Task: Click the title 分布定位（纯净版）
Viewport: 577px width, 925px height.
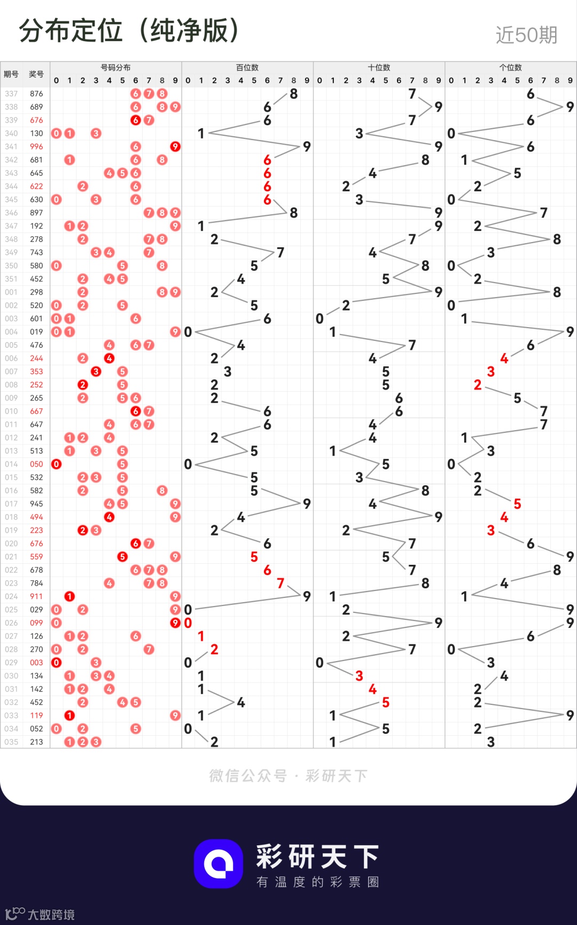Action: pos(129,31)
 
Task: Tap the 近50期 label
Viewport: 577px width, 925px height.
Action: pos(526,35)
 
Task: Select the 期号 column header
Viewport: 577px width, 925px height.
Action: pos(11,74)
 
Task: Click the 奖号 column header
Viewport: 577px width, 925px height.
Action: pos(36,74)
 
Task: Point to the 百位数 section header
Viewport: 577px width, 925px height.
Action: pos(247,67)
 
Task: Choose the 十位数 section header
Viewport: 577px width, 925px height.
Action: pos(379,67)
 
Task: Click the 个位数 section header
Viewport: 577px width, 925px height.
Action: pos(511,67)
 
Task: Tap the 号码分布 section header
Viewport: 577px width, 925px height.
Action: pos(115,67)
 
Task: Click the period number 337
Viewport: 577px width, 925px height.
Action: pos(11,94)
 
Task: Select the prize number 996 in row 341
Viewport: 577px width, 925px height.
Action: pos(36,146)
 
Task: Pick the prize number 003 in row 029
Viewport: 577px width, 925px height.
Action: pos(36,663)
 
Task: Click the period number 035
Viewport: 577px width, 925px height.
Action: pos(11,742)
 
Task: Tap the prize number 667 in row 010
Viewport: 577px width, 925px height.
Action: pos(36,411)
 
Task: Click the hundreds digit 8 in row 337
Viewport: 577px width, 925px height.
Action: pos(294,94)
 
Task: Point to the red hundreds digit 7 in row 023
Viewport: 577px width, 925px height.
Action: pos(280,583)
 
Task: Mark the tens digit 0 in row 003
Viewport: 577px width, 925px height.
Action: pos(319,319)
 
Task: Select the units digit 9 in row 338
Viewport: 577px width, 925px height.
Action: pos(570,107)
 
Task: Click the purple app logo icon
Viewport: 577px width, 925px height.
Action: pos(219,864)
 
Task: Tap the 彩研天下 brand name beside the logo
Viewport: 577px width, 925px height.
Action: pos(318,857)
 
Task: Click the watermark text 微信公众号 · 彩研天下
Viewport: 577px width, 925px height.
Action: pos(288,776)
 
